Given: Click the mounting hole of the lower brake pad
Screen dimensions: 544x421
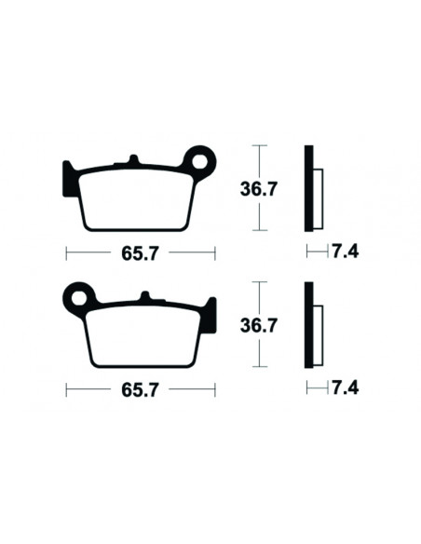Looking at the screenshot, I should click(x=79, y=298).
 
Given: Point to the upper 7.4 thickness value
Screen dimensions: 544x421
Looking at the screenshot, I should click(x=346, y=252).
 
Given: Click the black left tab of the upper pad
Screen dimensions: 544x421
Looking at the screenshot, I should click(x=68, y=178).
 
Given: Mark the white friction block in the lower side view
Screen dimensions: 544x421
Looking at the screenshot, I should click(x=317, y=333).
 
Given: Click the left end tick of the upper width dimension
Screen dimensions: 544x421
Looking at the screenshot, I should click(x=65, y=252).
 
